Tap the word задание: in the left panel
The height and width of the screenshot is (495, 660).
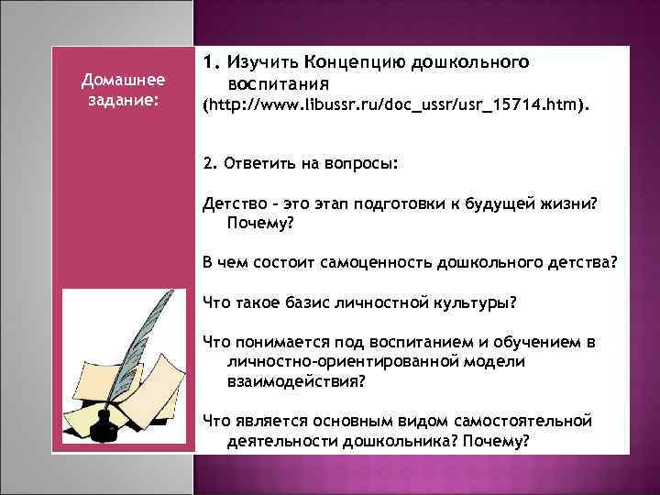pos(122,99)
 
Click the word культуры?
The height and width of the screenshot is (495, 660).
pos(478,302)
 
